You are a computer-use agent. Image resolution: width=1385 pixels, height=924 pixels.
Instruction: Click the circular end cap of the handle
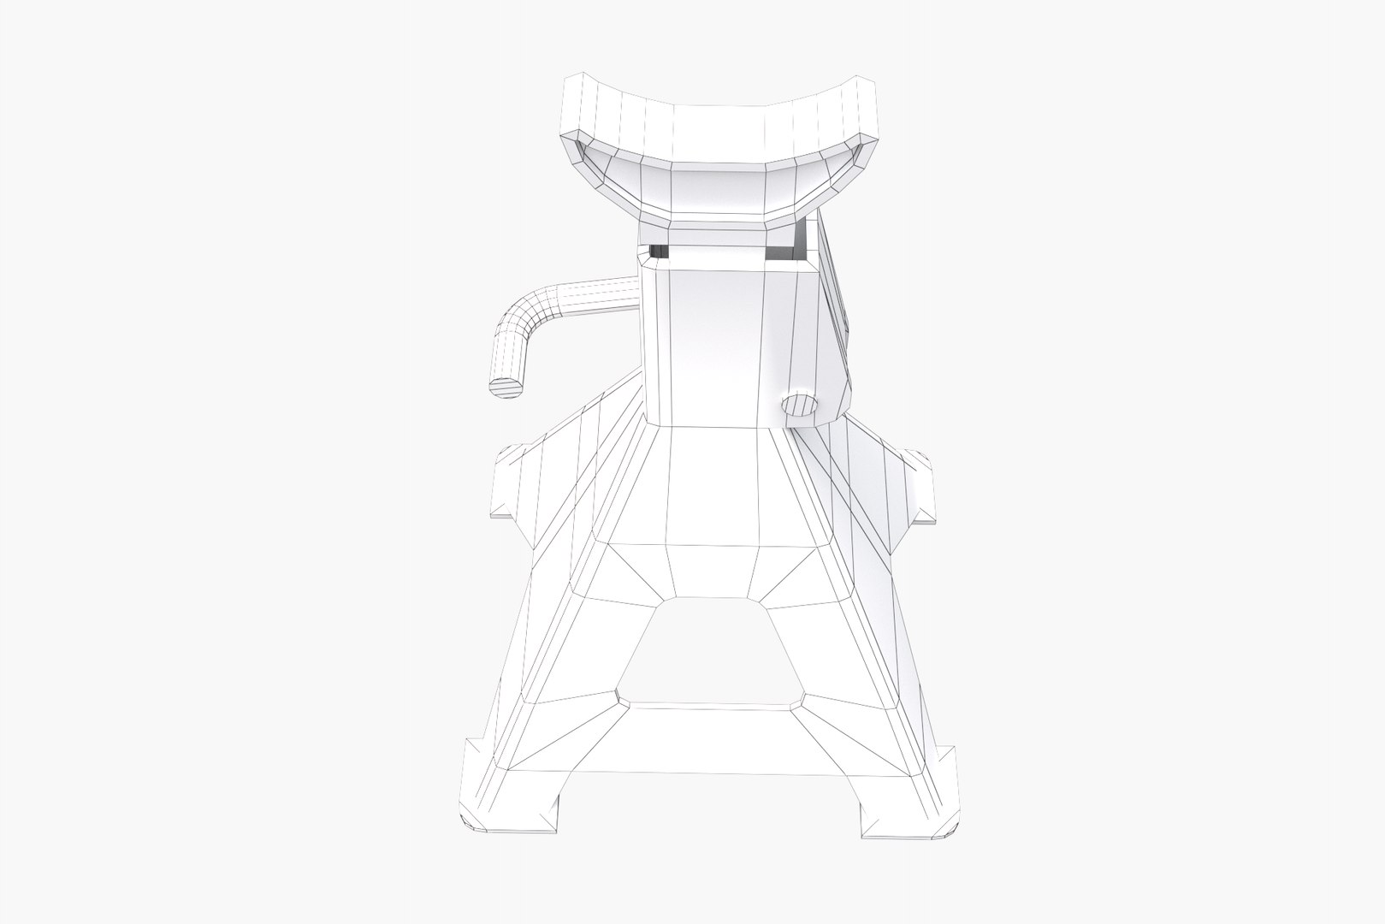pos(506,386)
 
